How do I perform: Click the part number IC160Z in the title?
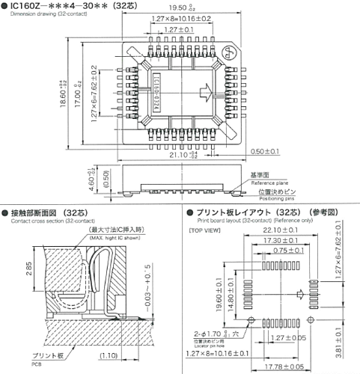point(30,6)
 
